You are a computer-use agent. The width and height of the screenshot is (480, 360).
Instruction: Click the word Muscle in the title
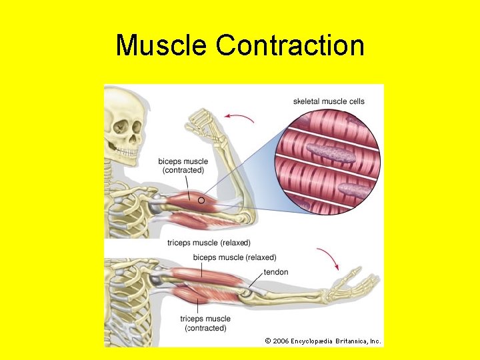point(161,46)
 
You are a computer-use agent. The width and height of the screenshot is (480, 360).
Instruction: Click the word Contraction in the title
point(290,46)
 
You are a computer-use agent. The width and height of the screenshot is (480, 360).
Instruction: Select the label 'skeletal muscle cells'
point(329,101)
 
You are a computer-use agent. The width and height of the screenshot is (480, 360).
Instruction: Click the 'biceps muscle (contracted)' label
point(183,165)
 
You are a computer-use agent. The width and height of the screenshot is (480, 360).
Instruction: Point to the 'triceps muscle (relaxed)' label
point(209,243)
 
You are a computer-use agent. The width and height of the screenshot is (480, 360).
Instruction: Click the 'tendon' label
point(276,272)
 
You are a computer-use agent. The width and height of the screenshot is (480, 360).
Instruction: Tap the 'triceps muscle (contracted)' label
point(205,323)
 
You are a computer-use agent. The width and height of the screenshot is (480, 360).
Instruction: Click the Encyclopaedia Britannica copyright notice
point(323,341)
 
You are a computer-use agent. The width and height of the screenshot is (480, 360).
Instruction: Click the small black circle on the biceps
point(201,200)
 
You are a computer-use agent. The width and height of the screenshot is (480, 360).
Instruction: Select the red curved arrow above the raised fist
point(239,118)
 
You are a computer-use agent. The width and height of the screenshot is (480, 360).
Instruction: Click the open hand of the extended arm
point(357,284)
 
